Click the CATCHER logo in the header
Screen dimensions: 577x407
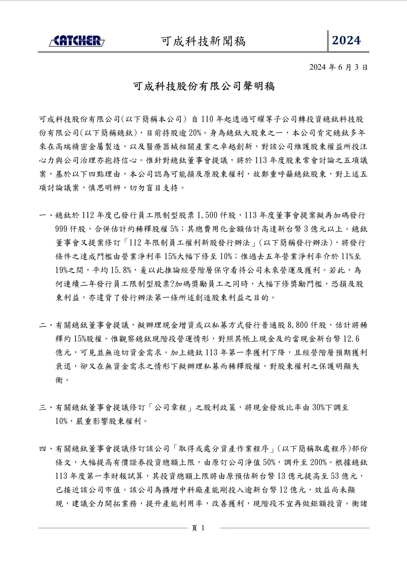[x=77, y=41]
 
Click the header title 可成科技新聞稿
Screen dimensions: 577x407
[x=203, y=42]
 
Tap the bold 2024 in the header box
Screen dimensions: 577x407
[x=346, y=41]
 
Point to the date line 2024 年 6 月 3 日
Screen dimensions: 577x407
[x=338, y=67]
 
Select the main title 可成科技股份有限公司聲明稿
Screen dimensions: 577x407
[x=204, y=86]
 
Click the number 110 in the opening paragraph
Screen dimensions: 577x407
[x=207, y=119]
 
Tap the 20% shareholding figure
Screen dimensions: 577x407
[x=194, y=133]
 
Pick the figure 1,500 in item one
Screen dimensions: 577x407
[x=207, y=216]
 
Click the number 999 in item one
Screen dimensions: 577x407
[x=61, y=229]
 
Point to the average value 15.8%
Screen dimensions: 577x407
[x=121, y=270]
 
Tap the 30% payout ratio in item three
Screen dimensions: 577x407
[x=318, y=408]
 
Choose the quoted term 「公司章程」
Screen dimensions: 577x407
[x=170, y=408]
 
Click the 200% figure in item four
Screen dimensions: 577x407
[x=319, y=463]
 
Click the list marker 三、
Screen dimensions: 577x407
[x=46, y=408]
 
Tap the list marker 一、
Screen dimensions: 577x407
[x=46, y=216]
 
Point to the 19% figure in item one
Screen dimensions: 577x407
[x=61, y=270]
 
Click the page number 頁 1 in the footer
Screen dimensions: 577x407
[x=198, y=528]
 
